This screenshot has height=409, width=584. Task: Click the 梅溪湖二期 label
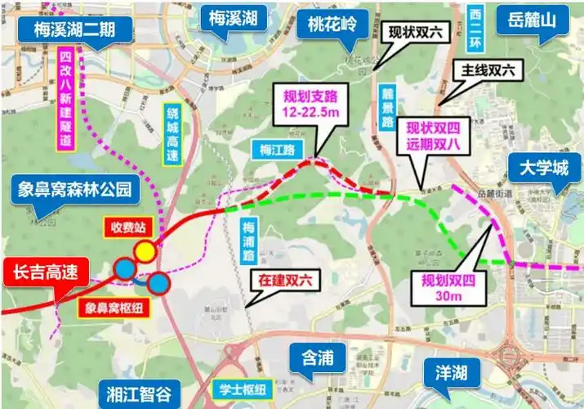pyautogui.click(x=74, y=29)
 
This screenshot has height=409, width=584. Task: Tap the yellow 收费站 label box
pyautogui.click(x=129, y=223)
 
